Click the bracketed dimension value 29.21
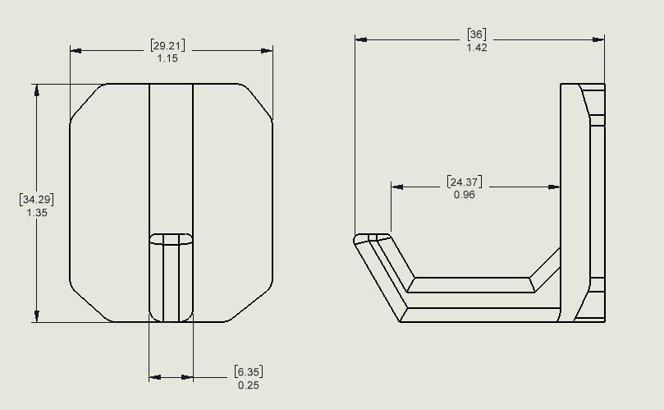[x=167, y=45]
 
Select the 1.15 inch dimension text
[x=167, y=58]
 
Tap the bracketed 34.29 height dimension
[x=37, y=200]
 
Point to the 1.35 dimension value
[x=37, y=213]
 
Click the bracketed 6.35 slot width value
[x=249, y=372]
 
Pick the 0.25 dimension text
[x=249, y=385]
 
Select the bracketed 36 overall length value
[x=477, y=35]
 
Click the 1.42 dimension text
[x=477, y=48]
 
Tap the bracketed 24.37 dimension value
[x=465, y=182]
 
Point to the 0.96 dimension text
[x=465, y=195]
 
